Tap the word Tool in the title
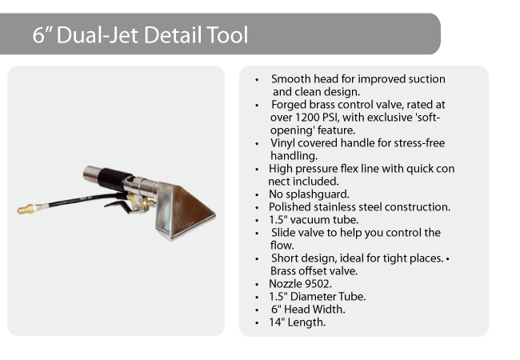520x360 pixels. click(x=227, y=35)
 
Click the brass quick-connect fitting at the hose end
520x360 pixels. click(x=26, y=209)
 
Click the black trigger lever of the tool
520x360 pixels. click(x=116, y=204)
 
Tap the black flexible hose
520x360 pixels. click(x=83, y=200)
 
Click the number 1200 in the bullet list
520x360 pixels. click(x=307, y=118)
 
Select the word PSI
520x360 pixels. click(x=330, y=118)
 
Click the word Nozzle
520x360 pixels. click(x=286, y=284)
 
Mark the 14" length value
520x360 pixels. click(x=277, y=322)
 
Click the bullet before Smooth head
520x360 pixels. click(x=257, y=80)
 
